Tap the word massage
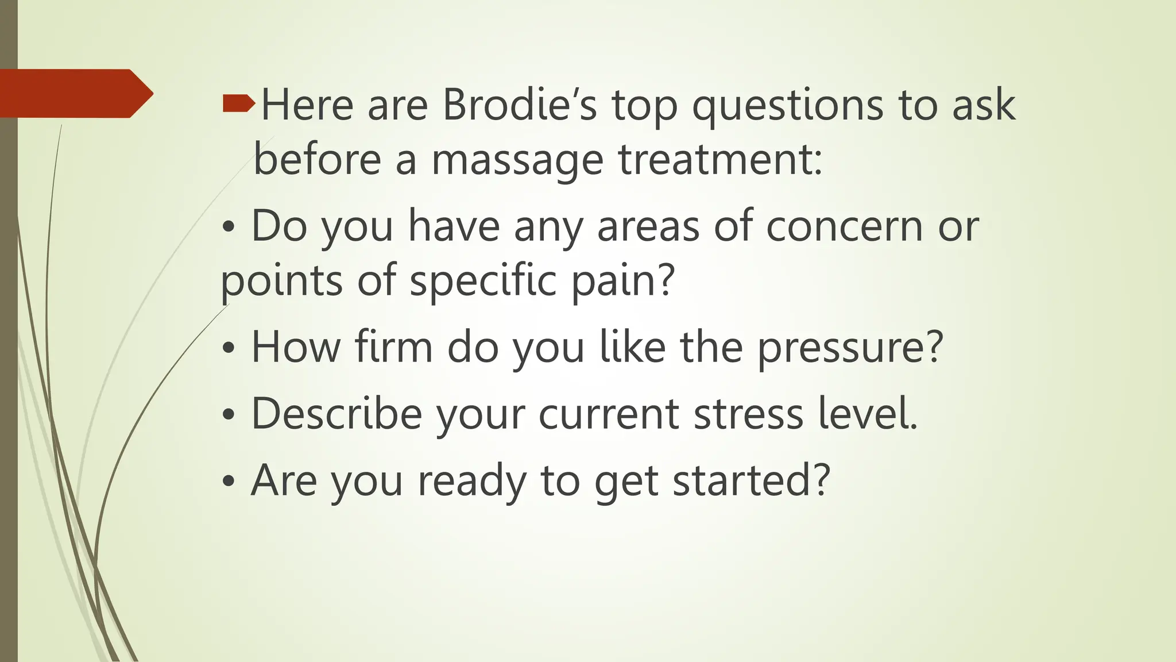(x=517, y=159)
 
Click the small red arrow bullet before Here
(x=238, y=103)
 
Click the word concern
(x=845, y=226)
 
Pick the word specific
(x=483, y=281)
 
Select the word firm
(x=393, y=347)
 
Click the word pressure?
(x=850, y=348)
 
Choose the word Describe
(x=336, y=413)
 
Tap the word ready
(x=471, y=481)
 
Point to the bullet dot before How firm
(x=229, y=349)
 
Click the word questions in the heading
(x=787, y=106)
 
